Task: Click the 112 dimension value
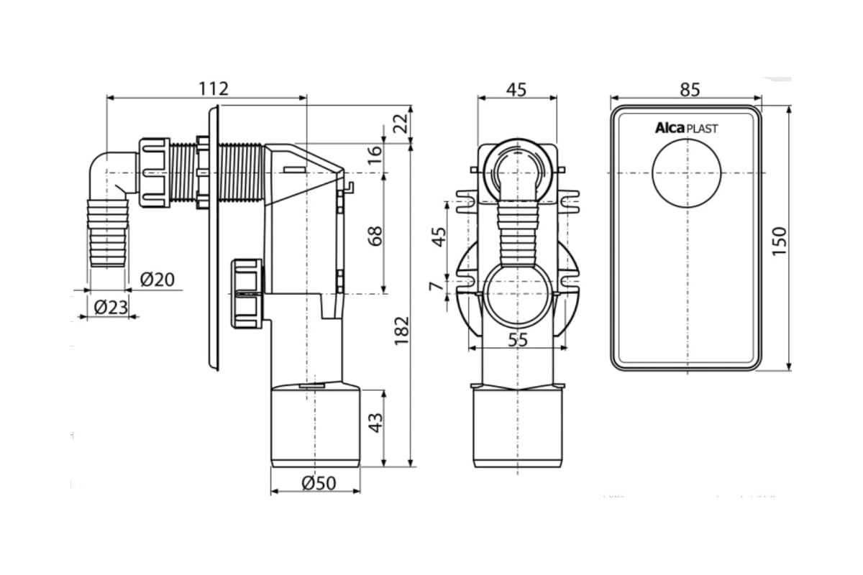click(214, 88)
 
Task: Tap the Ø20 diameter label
click(157, 279)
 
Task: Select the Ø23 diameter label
click(111, 308)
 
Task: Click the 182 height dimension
click(402, 330)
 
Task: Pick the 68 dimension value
click(375, 236)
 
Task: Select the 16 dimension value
click(375, 155)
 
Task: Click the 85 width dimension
click(689, 89)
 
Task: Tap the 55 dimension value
click(518, 340)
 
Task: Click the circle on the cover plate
click(686, 173)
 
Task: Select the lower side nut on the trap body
click(246, 293)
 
